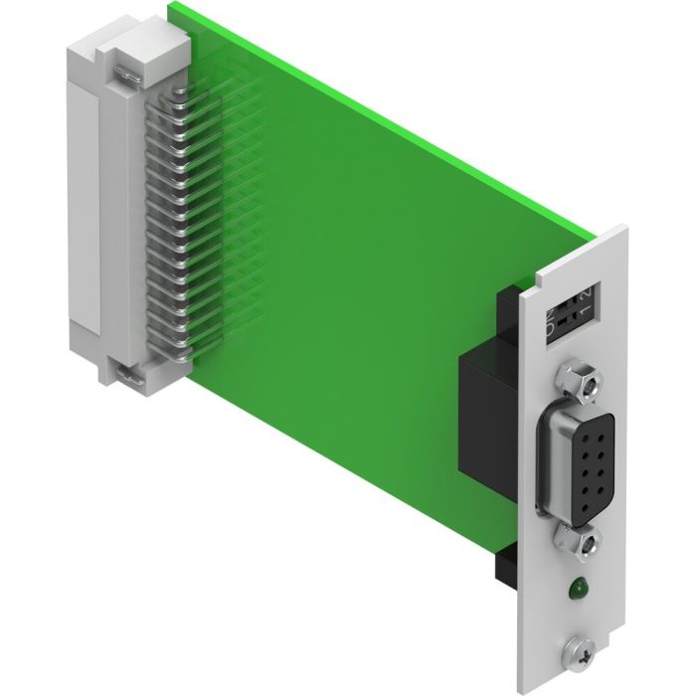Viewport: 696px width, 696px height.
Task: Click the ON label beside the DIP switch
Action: (552, 321)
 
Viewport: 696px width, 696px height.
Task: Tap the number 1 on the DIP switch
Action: (588, 311)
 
